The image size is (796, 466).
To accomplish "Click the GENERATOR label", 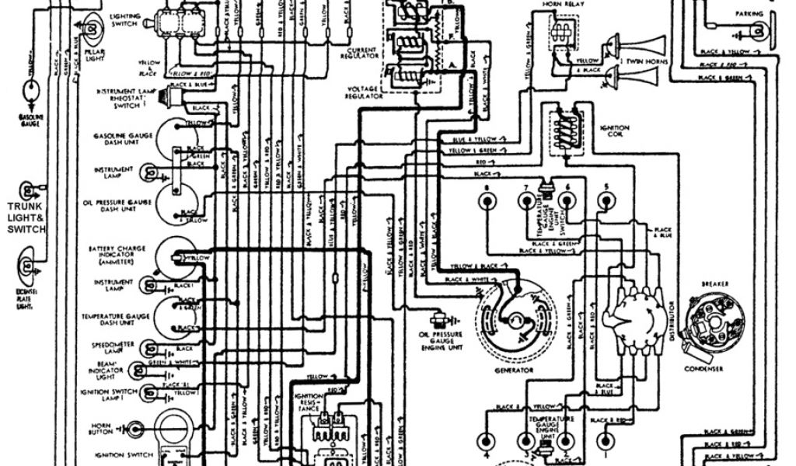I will [x=513, y=371].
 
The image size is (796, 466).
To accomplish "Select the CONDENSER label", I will [x=703, y=368].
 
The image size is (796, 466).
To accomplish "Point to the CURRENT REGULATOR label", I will [x=360, y=52].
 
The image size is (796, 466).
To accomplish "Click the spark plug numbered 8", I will [x=487, y=201].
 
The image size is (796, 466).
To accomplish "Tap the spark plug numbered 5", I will [x=606, y=201].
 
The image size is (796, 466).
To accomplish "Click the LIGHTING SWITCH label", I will [x=124, y=19].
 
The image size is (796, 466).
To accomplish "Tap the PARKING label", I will [x=749, y=14].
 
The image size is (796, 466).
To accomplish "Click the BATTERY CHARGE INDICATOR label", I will [x=113, y=256].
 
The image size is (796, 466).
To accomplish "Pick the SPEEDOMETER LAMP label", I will [x=113, y=349].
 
